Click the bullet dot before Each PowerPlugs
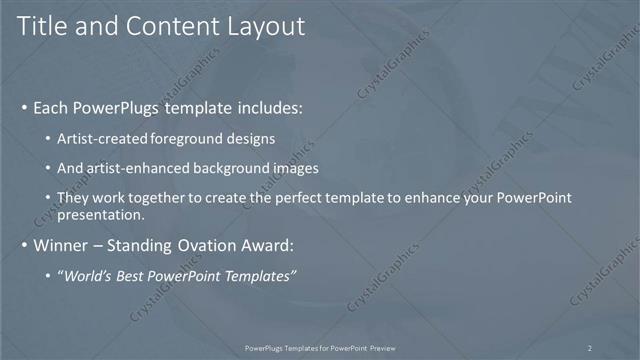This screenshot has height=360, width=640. pos(24,107)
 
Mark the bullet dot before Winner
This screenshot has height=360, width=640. pos(24,245)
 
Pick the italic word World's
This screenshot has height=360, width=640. pos(90,275)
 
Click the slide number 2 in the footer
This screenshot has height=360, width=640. pos(590,348)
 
